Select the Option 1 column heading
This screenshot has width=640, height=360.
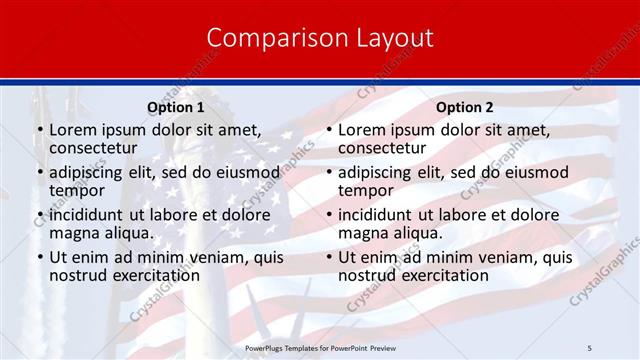click(175, 107)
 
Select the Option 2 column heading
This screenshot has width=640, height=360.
click(464, 107)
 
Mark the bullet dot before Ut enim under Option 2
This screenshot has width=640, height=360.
click(328, 258)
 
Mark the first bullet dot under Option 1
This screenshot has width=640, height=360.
click(39, 130)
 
